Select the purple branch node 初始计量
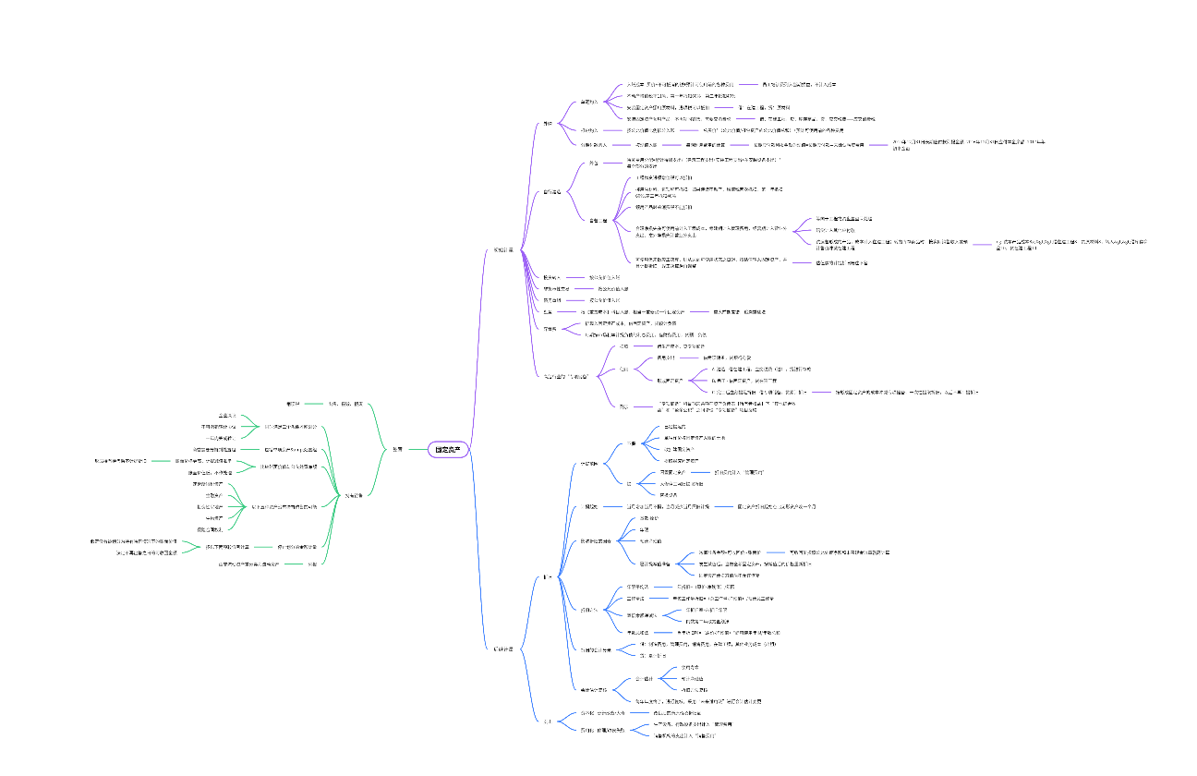pos(502,249)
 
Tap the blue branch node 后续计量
pos(502,649)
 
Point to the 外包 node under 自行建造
pos(593,163)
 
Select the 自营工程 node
pos(598,220)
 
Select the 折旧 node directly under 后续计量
pos(548,576)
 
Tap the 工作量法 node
pos(635,598)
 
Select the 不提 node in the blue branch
pos(628,483)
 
